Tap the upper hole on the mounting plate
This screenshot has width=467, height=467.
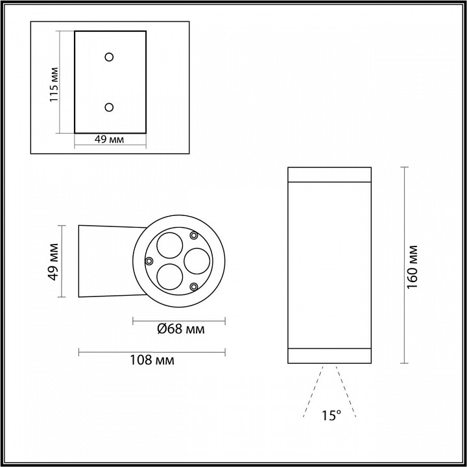pyautogui.click(x=109, y=56)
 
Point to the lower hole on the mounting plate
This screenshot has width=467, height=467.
pyautogui.click(x=109, y=106)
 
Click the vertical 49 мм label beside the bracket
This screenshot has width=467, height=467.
pyautogui.click(x=54, y=261)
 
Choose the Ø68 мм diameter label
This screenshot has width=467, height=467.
pyautogui.click(x=181, y=329)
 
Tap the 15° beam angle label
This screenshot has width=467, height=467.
pyautogui.click(x=331, y=416)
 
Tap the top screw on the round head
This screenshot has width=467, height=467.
pyautogui.click(x=193, y=235)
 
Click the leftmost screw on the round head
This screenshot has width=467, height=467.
pyautogui.click(x=149, y=261)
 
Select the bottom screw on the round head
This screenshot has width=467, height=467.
pyautogui.click(x=193, y=286)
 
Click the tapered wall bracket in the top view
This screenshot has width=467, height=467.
pyautogui.click(x=107, y=261)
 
